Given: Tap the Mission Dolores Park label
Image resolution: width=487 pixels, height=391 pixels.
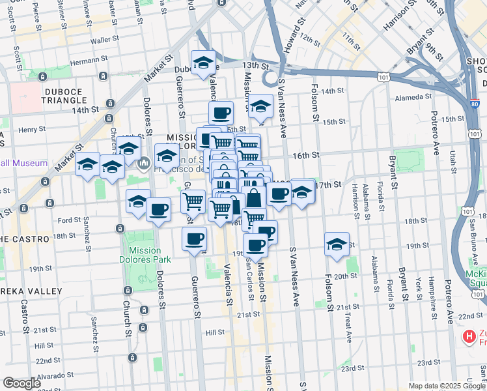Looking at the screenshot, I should pos(145,255).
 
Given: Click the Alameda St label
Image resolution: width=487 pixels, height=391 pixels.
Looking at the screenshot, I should pos(415,98).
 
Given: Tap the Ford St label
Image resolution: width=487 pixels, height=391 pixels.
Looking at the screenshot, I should pos(68,220).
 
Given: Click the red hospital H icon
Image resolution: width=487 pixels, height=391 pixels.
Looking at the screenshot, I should pos(468,337).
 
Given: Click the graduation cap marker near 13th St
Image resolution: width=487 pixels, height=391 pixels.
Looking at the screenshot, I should pos(203,63).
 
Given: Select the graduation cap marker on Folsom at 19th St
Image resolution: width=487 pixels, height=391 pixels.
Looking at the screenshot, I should pos(337,245).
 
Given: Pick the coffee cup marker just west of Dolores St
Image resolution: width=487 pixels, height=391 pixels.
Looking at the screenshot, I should pos(158,210).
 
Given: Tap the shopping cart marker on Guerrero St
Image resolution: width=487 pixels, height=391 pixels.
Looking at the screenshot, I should pos(193,202).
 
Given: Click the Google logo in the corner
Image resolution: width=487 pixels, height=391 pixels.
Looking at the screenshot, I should pos(21,383).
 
